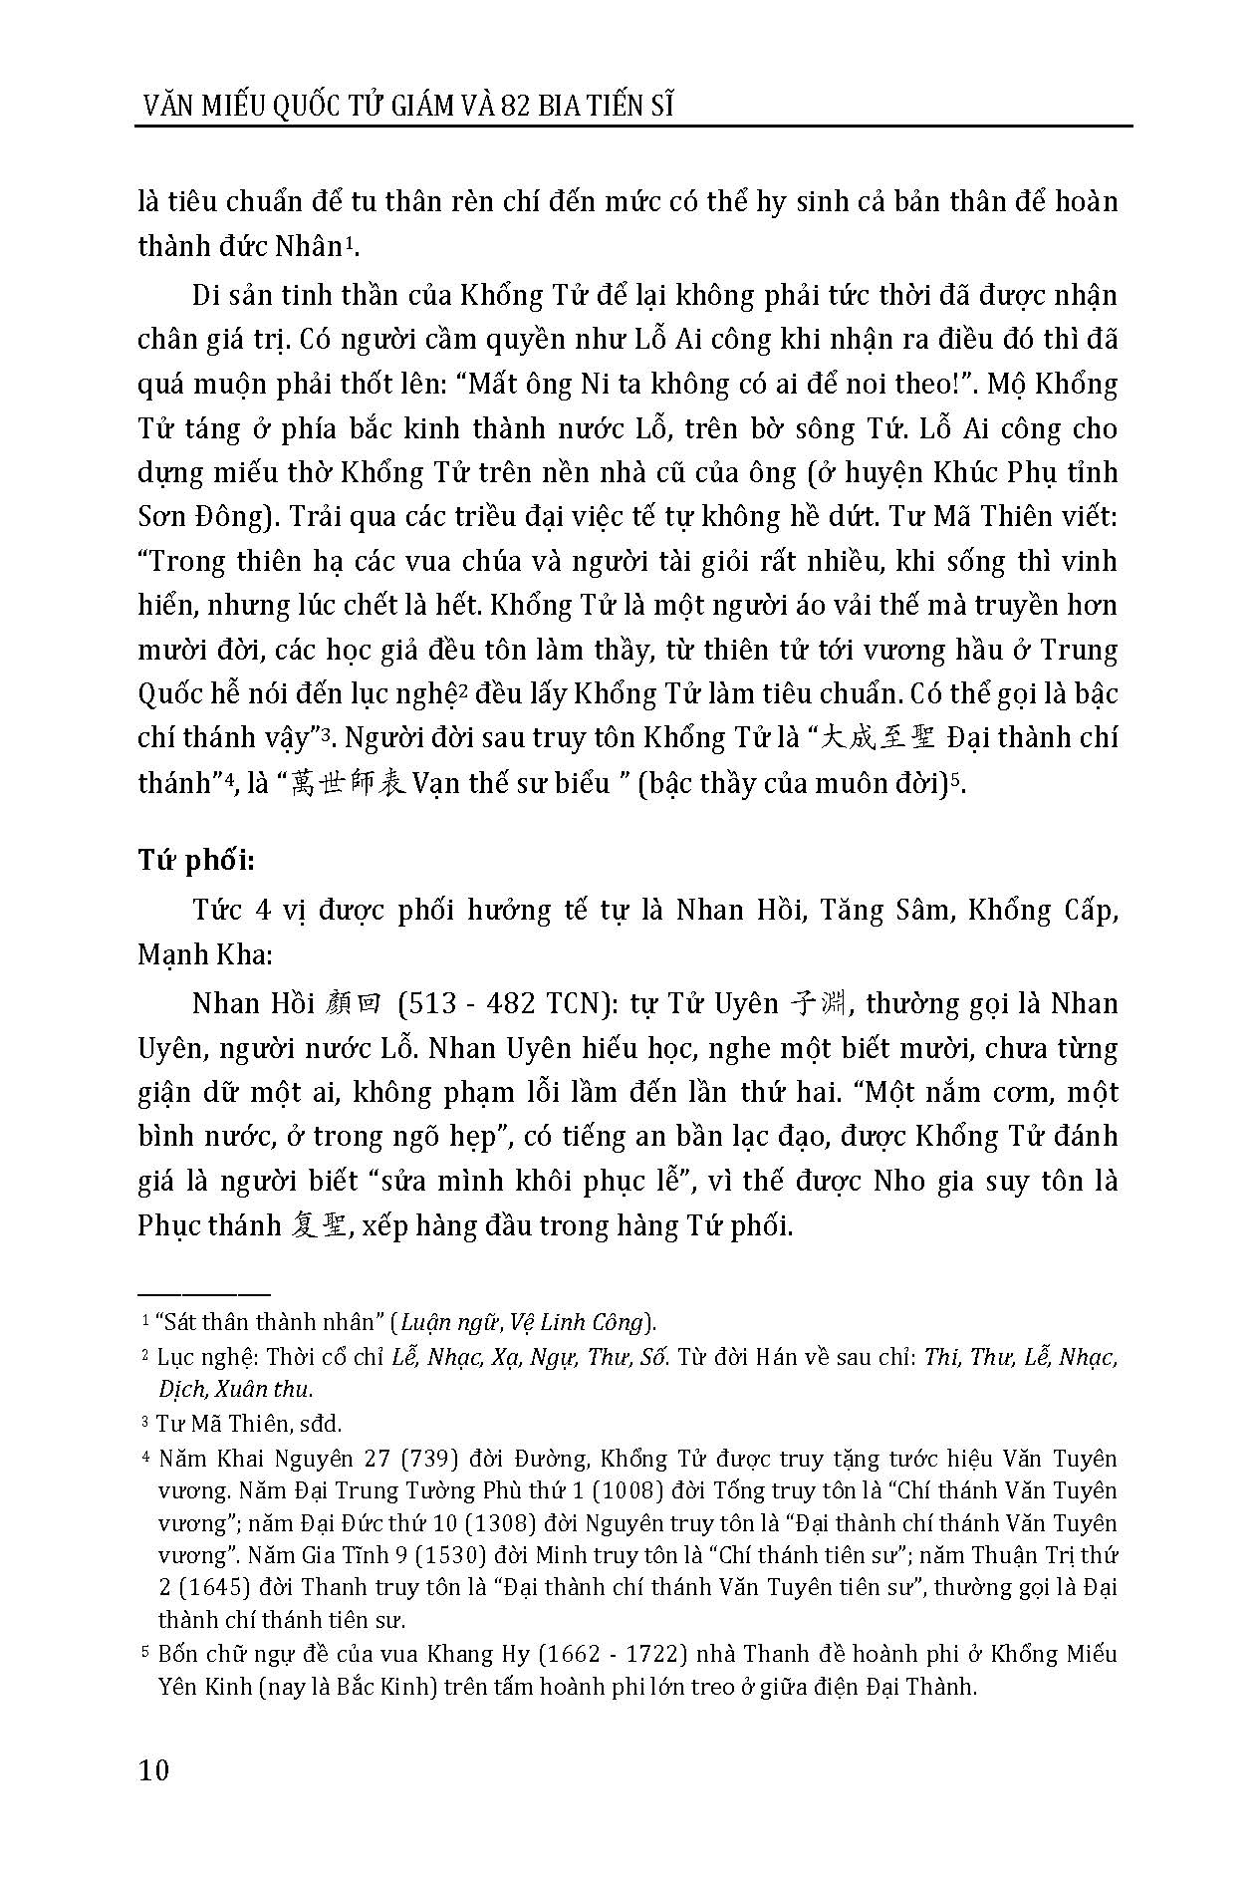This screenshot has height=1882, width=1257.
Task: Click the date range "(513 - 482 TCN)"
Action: pos(503,1003)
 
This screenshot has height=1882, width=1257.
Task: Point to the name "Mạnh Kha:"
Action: pos(204,953)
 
